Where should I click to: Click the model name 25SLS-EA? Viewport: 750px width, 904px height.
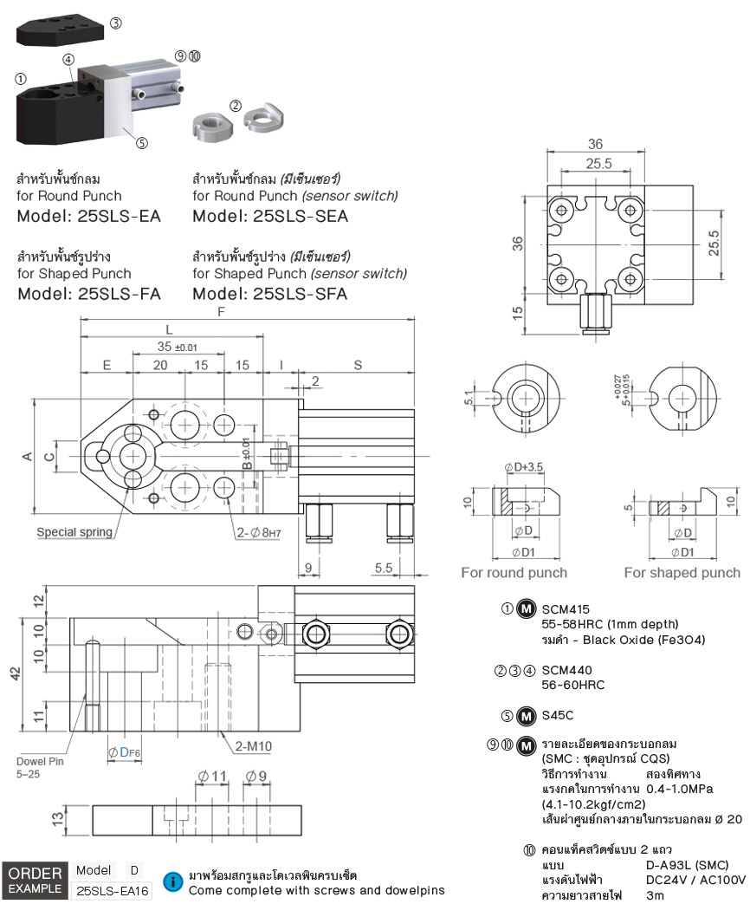click(x=120, y=216)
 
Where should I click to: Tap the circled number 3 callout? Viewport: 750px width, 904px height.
click(x=116, y=23)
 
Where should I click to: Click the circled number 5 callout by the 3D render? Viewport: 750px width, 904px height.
click(x=142, y=142)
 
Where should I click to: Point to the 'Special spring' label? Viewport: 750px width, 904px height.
click(x=74, y=532)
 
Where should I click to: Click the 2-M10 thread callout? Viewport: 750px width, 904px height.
click(x=254, y=746)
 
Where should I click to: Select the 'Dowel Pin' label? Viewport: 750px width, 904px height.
click(x=40, y=761)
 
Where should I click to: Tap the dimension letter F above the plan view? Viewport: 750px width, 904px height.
click(x=221, y=312)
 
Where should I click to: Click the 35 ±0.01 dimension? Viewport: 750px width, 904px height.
click(x=177, y=347)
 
